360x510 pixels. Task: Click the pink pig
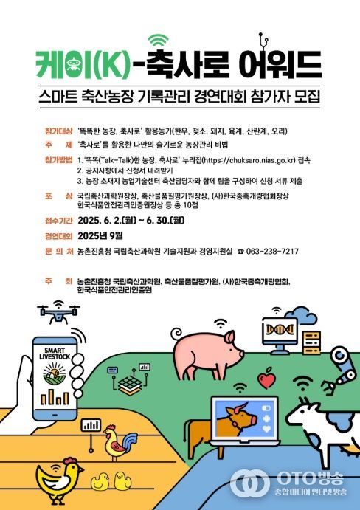pos(207,348)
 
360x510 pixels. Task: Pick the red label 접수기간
pos(58,219)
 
